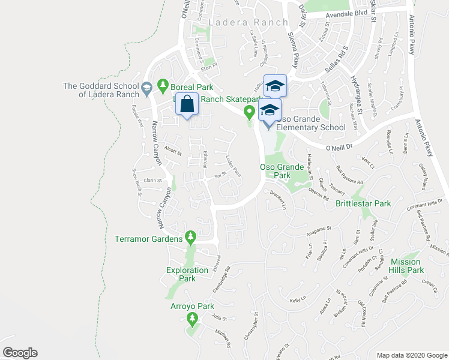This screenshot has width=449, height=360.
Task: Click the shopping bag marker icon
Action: click(x=187, y=104)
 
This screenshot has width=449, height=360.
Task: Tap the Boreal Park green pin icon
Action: click(x=161, y=85)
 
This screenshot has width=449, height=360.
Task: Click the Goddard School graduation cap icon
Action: click(x=146, y=90)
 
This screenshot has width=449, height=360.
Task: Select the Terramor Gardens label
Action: click(x=148, y=239)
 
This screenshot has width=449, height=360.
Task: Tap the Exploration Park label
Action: click(x=187, y=274)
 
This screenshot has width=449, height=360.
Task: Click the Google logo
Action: click(x=20, y=353)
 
